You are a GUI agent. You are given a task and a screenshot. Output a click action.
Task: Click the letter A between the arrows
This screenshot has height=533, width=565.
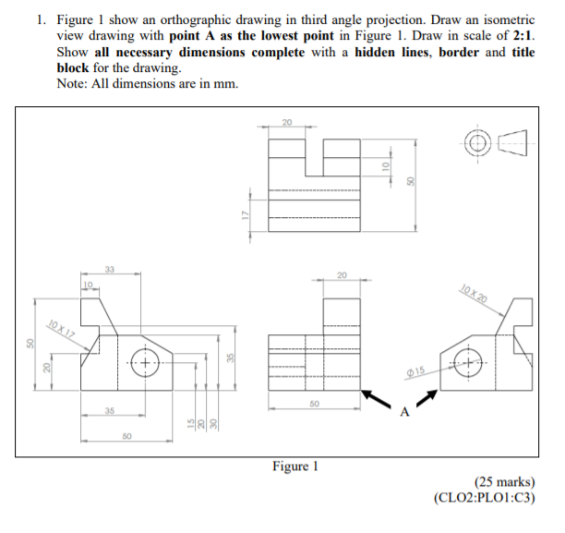point(403,411)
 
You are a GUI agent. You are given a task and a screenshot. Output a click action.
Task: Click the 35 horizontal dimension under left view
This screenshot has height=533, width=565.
point(109,410)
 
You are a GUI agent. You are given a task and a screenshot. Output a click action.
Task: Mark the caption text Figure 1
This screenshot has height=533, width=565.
point(296,467)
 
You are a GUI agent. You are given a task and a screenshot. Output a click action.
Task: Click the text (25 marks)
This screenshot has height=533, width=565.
point(504,481)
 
